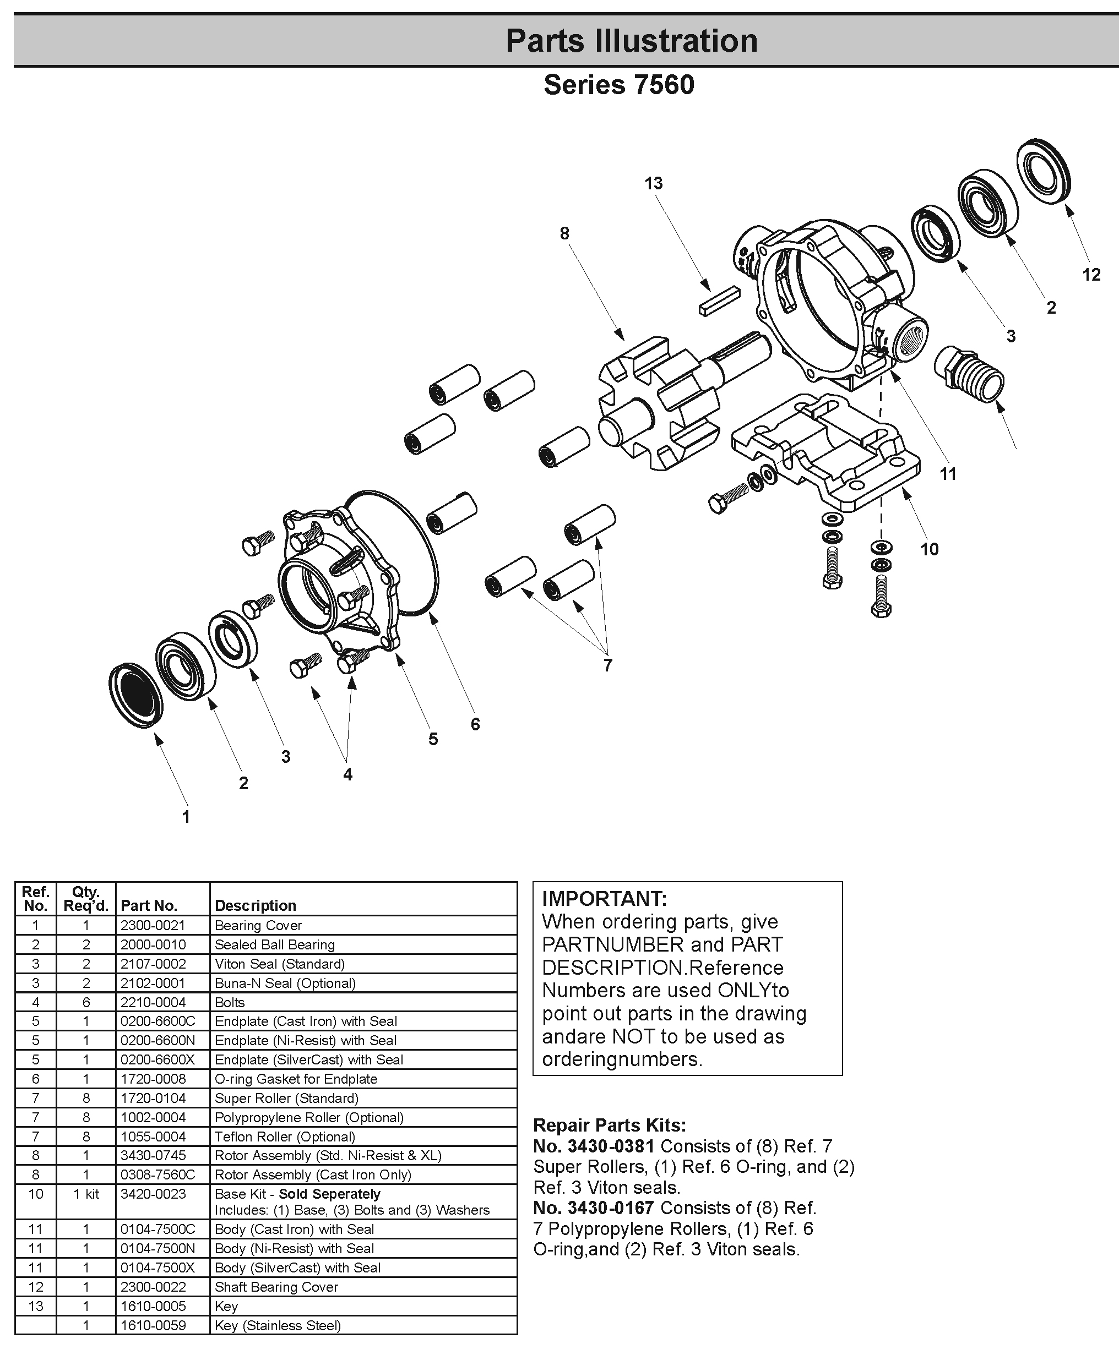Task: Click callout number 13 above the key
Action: [x=653, y=184]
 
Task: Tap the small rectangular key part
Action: [x=719, y=301]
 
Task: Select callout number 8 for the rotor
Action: [x=564, y=234]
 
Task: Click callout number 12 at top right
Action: [x=1090, y=275]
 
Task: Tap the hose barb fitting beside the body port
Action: [x=968, y=373]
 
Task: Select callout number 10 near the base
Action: [x=929, y=550]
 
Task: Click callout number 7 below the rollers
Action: [x=607, y=665]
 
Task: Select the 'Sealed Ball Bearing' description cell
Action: [x=275, y=944]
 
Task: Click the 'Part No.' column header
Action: [x=148, y=905]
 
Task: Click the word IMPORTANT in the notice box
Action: [x=604, y=899]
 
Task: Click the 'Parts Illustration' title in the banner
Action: [x=631, y=41]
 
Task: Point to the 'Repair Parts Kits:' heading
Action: [x=609, y=1125]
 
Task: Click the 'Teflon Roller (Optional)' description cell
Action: [x=284, y=1137]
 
